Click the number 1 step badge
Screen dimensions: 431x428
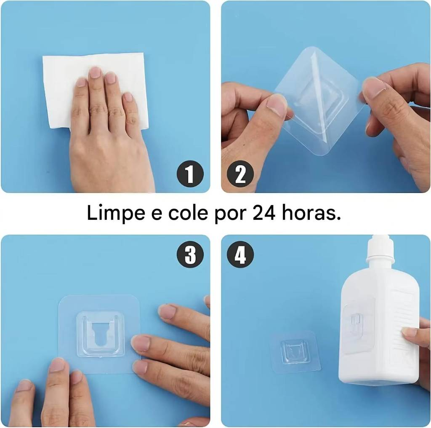coord(190,174)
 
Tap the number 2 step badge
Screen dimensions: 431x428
coord(240,174)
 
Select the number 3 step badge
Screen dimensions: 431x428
coord(190,254)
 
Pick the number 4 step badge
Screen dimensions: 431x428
coord(240,254)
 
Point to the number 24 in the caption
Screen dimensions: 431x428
coord(264,213)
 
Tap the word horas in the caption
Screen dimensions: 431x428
coord(311,213)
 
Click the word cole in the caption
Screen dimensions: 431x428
coord(187,213)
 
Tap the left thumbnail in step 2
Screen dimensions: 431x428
coord(276,106)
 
